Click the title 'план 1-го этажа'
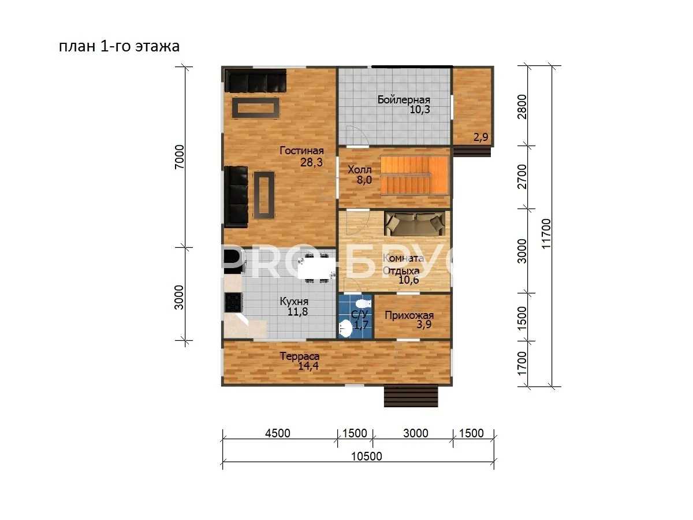120,46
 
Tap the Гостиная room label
301,151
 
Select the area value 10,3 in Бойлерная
420,110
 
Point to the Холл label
360,170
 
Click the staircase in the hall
415,175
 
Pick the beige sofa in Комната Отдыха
415,224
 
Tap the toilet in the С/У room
363,304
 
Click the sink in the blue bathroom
346,328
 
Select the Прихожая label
409,315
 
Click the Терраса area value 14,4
308,366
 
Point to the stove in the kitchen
234,302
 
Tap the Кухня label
294,301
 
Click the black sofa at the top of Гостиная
255,81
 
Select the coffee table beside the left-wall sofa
263,195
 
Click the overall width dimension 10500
367,456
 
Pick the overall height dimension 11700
546,233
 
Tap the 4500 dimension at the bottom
278,433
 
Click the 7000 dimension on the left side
179,157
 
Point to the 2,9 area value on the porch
481,137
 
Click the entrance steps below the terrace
411,396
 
